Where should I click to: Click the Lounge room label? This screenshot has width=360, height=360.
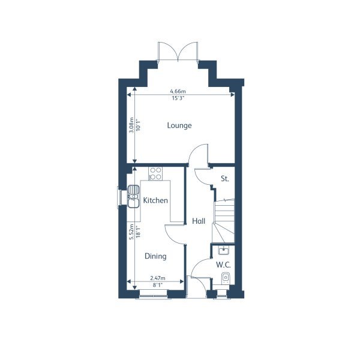179,125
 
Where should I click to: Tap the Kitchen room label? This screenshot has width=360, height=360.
155,200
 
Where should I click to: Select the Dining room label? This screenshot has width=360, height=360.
155,256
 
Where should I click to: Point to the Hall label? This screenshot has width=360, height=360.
199,221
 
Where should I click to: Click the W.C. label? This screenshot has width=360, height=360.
224,265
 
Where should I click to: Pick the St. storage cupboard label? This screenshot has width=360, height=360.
225,178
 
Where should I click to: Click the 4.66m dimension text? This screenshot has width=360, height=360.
178,91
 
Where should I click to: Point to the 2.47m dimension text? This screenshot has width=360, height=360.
157,278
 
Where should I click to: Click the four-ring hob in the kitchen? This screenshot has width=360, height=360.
155,173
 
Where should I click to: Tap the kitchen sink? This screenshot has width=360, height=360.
133,197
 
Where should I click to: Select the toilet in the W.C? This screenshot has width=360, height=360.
225,278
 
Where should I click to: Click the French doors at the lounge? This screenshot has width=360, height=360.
178,52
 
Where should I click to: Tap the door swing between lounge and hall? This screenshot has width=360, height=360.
199,155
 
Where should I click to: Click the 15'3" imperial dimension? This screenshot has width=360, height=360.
178,98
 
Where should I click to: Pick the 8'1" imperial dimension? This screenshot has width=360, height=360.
157,285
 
